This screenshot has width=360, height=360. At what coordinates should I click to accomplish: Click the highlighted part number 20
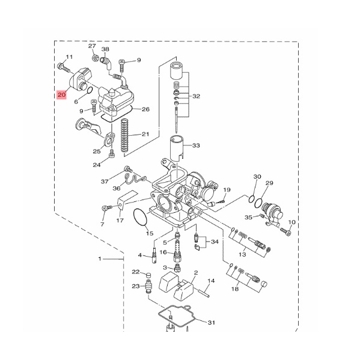[x=61, y=94]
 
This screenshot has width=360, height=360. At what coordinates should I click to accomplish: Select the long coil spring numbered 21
[x=124, y=135]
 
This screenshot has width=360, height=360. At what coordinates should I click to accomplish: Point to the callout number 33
[x=196, y=145]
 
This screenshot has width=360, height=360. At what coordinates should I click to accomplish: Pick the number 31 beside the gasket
[x=212, y=322]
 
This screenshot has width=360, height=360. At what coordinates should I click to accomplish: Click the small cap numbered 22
[x=149, y=275]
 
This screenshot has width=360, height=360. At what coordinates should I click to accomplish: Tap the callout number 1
[x=100, y=259]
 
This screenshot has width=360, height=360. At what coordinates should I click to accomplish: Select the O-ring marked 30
[x=252, y=199]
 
